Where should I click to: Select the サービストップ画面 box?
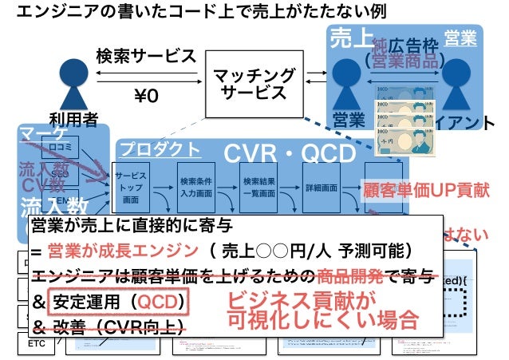[x=132, y=187]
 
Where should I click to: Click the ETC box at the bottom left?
[x=37, y=343]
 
